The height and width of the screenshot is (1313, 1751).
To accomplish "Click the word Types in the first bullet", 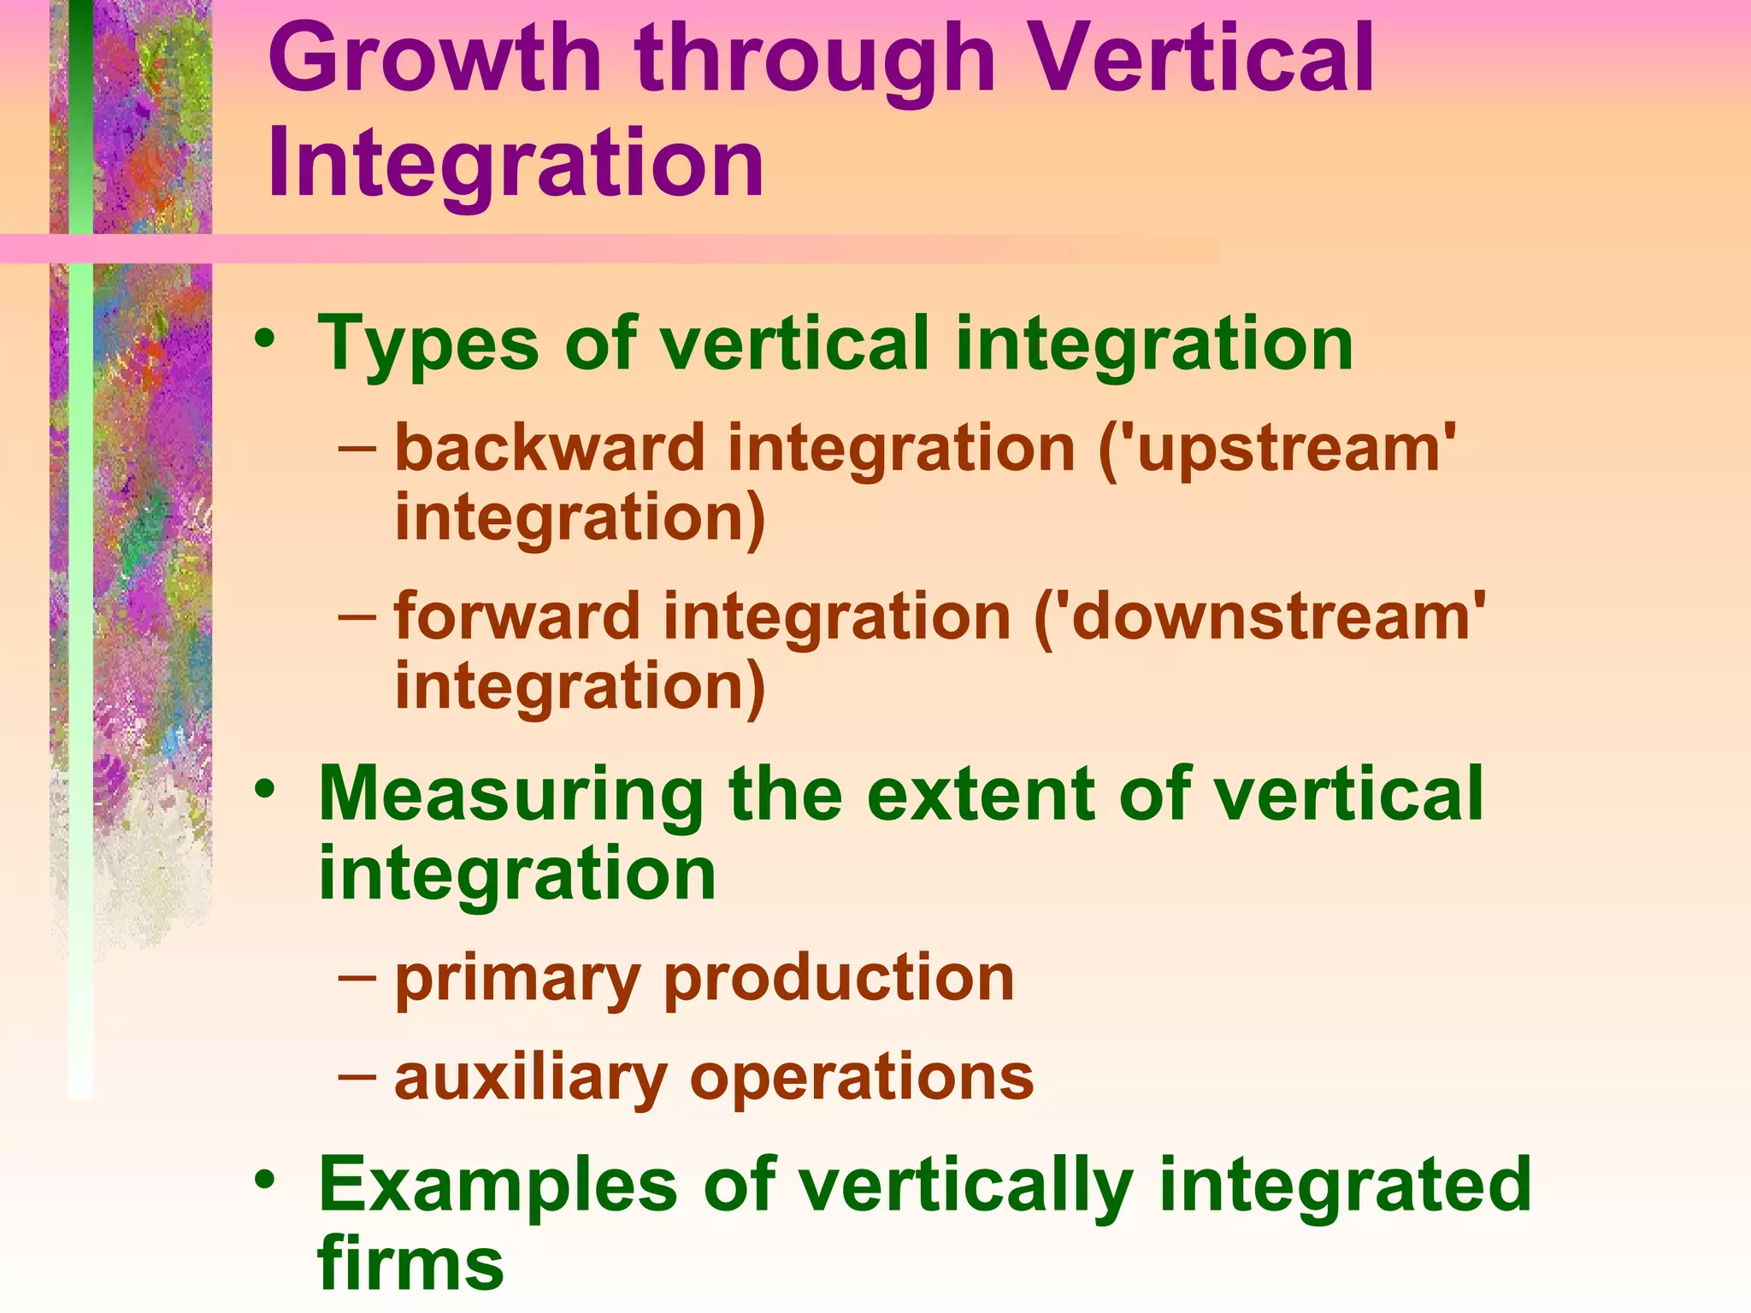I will click(x=427, y=344).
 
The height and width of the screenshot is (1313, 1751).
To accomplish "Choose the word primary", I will click(x=516, y=980).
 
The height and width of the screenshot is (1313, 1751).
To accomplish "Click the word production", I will click(x=839, y=978).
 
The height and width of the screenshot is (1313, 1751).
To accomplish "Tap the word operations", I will click(x=862, y=1079).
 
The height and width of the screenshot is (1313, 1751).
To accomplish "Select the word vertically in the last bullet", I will click(x=966, y=1186).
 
